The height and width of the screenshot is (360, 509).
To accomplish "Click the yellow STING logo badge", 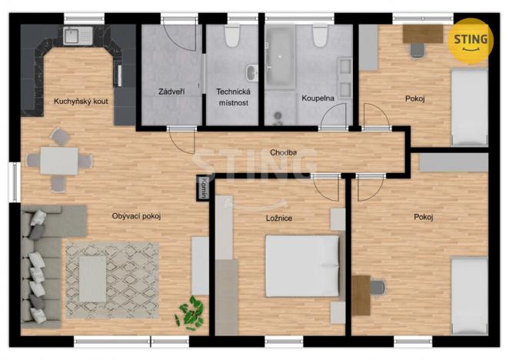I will click(471, 39).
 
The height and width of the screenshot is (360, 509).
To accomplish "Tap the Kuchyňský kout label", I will click(79, 101).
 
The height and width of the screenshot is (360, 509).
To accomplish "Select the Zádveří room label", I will click(171, 92).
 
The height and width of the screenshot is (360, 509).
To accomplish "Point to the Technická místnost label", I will click(231, 96).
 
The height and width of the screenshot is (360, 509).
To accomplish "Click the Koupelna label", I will click(318, 98).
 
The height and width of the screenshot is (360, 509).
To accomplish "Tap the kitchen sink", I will click(76, 35).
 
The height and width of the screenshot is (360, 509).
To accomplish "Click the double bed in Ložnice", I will click(301, 265).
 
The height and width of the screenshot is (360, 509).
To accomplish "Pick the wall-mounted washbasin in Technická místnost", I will click(252, 72).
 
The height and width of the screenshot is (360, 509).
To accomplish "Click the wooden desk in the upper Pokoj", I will click(422, 34).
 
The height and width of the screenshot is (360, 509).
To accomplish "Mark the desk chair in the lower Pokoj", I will click(378, 288).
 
